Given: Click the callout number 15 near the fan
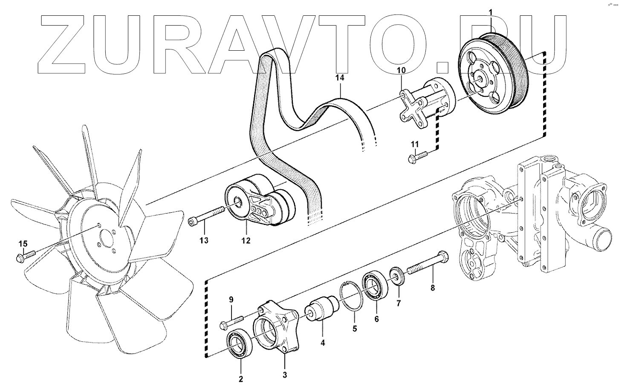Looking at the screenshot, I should click(23, 243).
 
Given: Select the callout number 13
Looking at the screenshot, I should click(204, 240).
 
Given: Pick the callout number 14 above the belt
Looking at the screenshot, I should click(339, 78).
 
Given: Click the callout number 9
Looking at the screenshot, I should click(231, 300).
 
